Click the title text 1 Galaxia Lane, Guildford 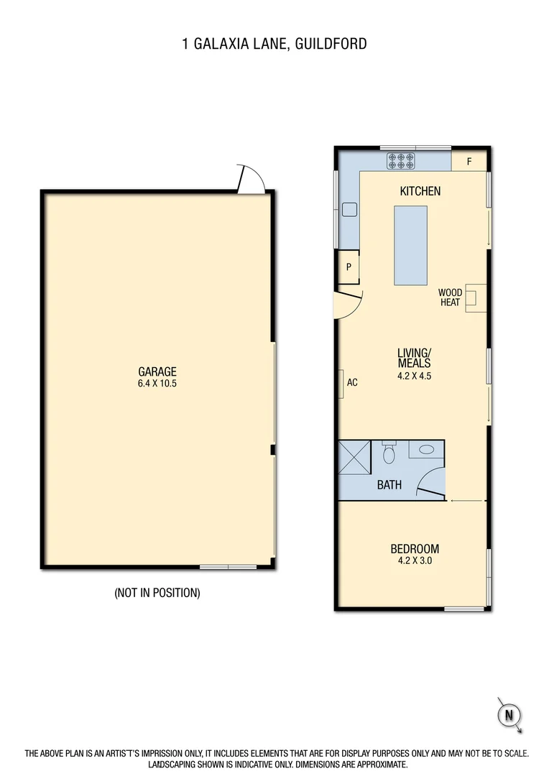pyautogui.click(x=274, y=44)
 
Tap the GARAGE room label pyautogui.click(x=157, y=371)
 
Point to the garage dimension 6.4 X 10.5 pyautogui.click(x=157, y=384)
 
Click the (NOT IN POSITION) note pyautogui.click(x=157, y=593)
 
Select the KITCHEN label pyautogui.click(x=420, y=191)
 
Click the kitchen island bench pyautogui.click(x=410, y=244)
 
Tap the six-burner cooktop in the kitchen pyautogui.click(x=401, y=160)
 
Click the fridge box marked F pyautogui.click(x=469, y=161)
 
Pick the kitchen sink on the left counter pyautogui.click(x=349, y=209)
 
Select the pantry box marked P pyautogui.click(x=349, y=267)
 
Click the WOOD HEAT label pyautogui.click(x=451, y=297)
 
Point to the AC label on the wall pyautogui.click(x=352, y=382)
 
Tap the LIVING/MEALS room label pyautogui.click(x=414, y=357)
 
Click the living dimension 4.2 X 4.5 pyautogui.click(x=414, y=375)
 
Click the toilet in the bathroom pyautogui.click(x=389, y=454)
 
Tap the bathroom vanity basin pyautogui.click(x=426, y=449)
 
